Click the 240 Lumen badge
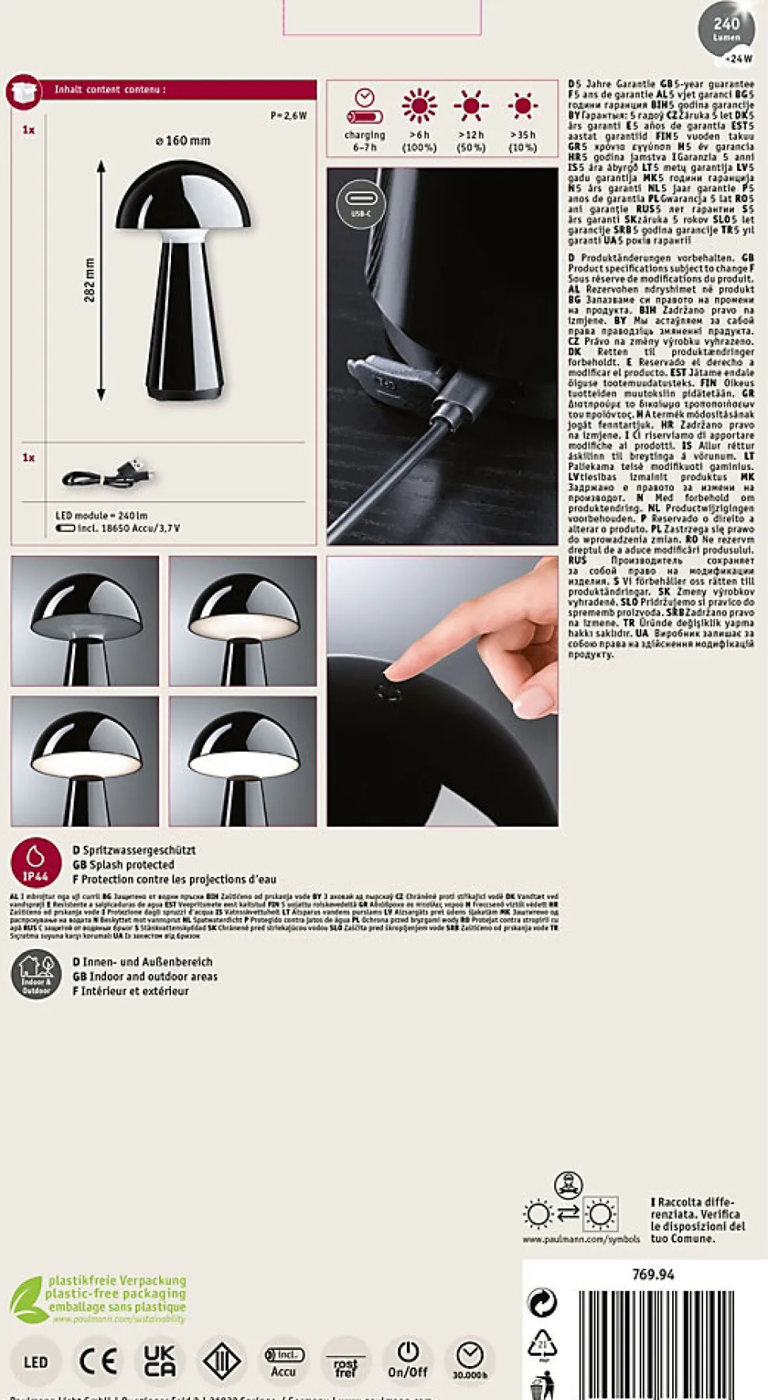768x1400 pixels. coord(726,30)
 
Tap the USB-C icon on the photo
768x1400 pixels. coord(360,203)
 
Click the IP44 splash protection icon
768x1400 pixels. coord(36,863)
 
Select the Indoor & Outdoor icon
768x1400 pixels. coord(36,974)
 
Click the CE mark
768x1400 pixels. coord(98,1360)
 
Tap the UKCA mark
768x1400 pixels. coord(159,1360)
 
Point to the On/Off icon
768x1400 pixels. coord(407,1360)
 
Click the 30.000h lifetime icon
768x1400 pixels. coord(470,1360)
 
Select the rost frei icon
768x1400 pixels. coord(345,1362)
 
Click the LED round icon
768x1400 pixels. coord(36,1361)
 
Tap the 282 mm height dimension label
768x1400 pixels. coord(89,280)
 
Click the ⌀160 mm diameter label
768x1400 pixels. coord(183,141)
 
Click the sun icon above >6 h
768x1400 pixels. coord(419,106)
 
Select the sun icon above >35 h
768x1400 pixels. coord(523,105)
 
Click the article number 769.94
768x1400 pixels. coord(653,1274)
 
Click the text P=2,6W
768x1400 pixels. coord(288,116)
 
